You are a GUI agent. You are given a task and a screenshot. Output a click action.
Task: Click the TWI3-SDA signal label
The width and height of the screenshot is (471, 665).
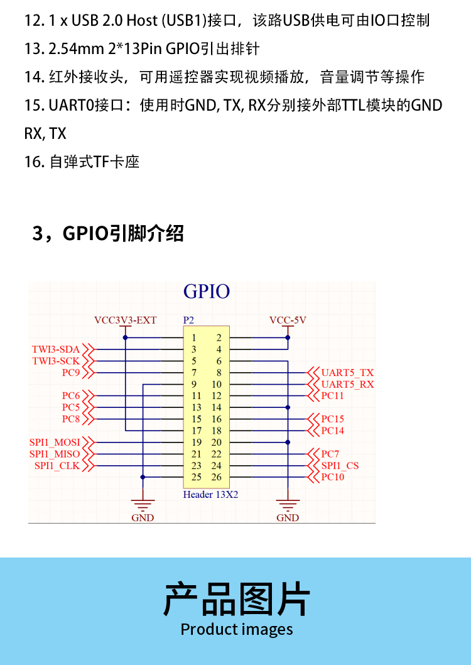(56, 349)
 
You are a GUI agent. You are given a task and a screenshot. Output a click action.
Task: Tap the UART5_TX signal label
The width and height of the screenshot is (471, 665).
(347, 373)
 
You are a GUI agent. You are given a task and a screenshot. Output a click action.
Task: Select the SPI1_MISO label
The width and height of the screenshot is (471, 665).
(55, 454)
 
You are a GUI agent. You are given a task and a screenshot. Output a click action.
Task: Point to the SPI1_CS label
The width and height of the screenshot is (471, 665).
(340, 466)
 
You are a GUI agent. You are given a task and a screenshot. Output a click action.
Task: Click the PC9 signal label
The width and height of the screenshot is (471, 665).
(71, 373)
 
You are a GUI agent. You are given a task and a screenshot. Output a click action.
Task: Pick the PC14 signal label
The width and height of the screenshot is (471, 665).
(332, 431)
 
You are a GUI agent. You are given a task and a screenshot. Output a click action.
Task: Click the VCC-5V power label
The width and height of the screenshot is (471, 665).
(288, 320)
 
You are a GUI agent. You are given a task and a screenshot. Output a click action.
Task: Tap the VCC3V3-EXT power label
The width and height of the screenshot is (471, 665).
(125, 320)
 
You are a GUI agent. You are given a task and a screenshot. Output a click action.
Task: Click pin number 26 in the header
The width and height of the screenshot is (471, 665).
(217, 477)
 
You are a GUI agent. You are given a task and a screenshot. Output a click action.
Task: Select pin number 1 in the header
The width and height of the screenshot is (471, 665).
(194, 338)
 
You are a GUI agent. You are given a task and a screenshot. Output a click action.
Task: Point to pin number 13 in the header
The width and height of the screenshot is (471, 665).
(196, 407)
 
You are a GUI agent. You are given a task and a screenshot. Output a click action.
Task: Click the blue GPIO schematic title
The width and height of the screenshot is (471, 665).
(206, 292)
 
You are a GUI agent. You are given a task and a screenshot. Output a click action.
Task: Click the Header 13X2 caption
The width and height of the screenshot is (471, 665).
(210, 495)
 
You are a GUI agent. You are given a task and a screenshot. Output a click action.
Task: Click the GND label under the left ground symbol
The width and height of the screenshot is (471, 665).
(143, 518)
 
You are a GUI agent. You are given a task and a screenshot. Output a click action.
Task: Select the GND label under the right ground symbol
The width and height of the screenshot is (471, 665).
(288, 518)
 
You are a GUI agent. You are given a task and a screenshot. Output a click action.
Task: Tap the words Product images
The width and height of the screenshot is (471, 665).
(237, 629)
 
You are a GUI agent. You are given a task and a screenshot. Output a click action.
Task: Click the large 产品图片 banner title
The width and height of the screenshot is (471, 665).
(237, 599)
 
